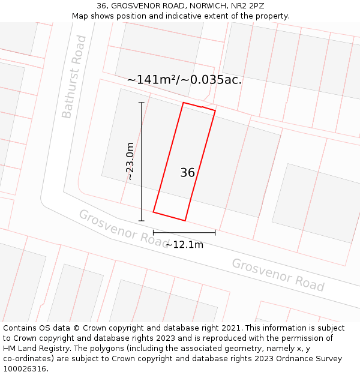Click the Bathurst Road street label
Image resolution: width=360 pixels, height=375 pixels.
[74, 77]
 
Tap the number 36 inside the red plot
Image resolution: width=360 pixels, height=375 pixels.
[187, 173]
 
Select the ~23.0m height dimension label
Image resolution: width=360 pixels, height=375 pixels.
[130, 161]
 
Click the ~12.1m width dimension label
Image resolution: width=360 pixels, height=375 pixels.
[184, 244]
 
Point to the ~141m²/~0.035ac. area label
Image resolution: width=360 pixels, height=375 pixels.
[184, 79]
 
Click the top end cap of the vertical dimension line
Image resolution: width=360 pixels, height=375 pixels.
[142, 103]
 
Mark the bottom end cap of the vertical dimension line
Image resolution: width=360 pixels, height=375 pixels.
[142, 221]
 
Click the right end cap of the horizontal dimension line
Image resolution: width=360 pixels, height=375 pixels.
[215, 233]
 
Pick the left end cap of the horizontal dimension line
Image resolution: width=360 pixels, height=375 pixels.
[153, 233]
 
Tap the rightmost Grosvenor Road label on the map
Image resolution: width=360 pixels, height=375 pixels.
[278, 275]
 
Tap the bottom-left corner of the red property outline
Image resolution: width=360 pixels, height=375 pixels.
[154, 212]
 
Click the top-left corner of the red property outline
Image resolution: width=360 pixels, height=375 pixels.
[183, 103]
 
